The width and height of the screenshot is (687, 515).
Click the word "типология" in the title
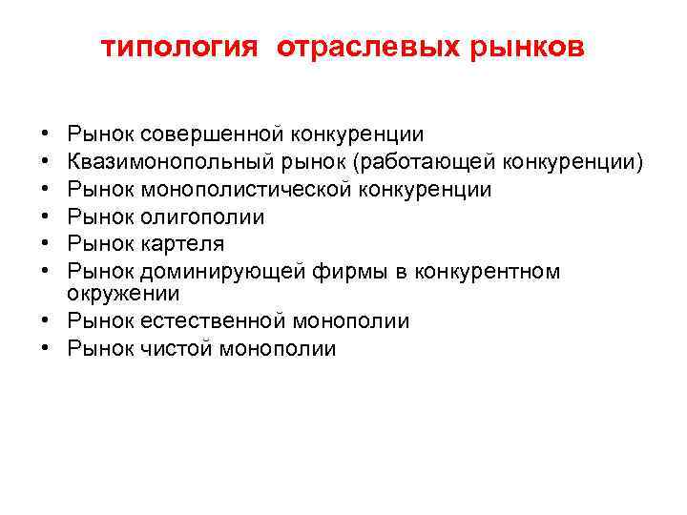tap(179, 48)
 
